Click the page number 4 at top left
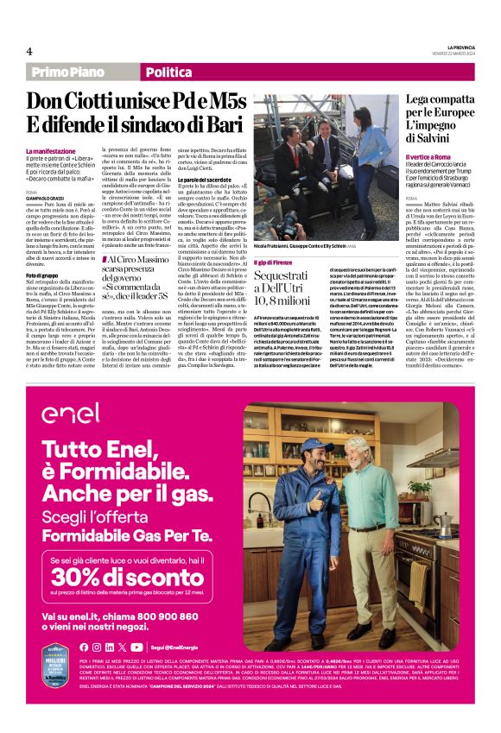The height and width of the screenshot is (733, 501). [x=29, y=52]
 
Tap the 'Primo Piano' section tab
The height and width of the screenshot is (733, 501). [x=68, y=73]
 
